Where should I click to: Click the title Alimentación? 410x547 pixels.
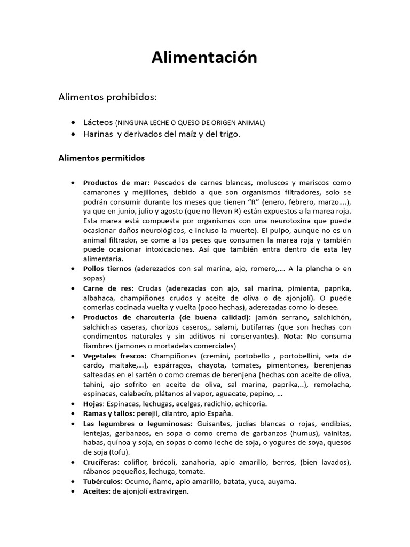point(204,58)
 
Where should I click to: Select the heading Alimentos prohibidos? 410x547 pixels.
point(108,97)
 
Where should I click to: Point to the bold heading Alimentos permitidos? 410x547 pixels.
point(101,158)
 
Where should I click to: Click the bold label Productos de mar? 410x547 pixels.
point(116,183)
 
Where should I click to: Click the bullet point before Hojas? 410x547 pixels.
point(73,404)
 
